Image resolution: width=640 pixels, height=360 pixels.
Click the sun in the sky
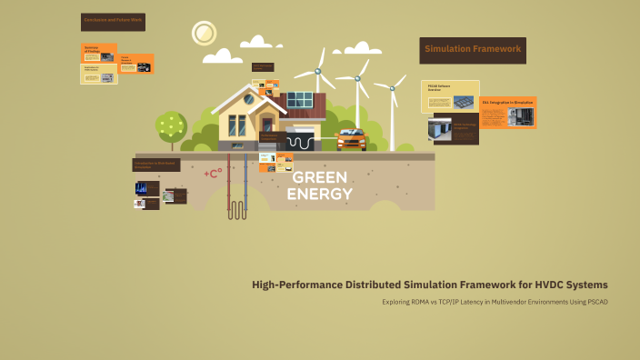coord(204,34)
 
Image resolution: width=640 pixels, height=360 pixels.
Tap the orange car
coord(351,140)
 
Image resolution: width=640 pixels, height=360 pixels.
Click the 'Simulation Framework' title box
coord(473,49)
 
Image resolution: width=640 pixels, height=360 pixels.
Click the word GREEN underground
coord(320,177)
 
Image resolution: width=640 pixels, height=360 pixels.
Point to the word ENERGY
coord(320,194)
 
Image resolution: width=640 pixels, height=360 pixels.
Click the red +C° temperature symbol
coord(213,173)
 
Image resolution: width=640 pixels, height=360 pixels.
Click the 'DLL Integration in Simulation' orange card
coord(508,112)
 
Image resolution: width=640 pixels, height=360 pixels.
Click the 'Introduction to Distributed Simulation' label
coord(156,165)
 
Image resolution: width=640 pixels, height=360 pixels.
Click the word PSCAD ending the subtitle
coord(595,302)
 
